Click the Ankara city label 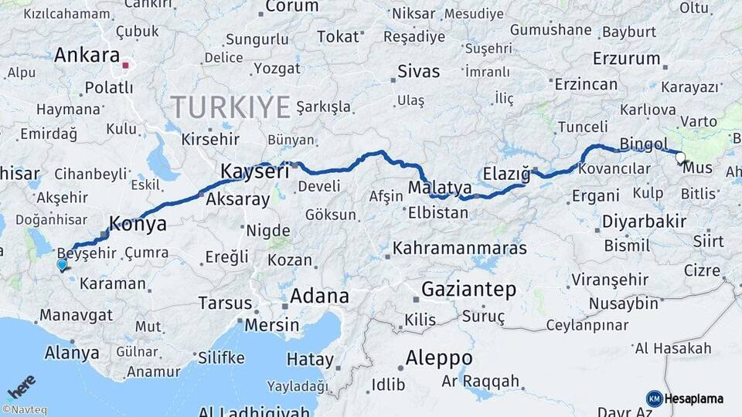tap(86, 56)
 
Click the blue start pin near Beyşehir tap(62, 265)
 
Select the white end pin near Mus tap(680, 158)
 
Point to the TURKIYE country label tap(230, 106)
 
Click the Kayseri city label tap(255, 171)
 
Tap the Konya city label tap(138, 224)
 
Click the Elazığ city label tap(506, 173)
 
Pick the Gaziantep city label tap(468, 290)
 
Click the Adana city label tap(319, 296)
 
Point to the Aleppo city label tap(439, 358)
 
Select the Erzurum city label tap(626, 59)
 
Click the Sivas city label tap(418, 72)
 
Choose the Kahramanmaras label tap(460, 249)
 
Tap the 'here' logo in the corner tap(21, 384)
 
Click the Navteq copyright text tap(24, 410)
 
